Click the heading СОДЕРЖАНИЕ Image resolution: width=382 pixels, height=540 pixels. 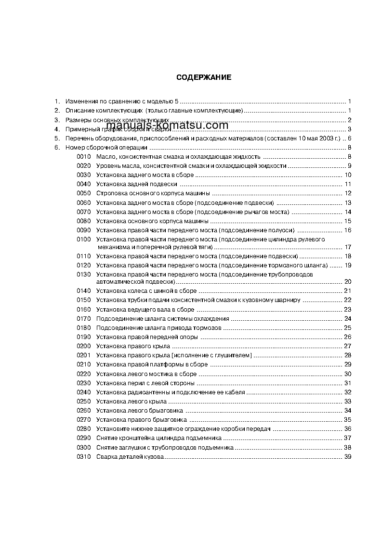click(x=204, y=77)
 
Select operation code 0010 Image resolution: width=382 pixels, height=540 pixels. click(x=83, y=156)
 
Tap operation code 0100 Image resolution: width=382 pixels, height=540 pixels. click(x=83, y=239)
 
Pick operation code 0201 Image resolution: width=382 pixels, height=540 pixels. click(x=83, y=355)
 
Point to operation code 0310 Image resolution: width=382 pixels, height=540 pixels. click(x=83, y=456)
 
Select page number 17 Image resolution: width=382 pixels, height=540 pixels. click(x=348, y=247)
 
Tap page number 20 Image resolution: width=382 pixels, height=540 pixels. click(x=348, y=282)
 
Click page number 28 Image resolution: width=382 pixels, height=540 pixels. click(x=348, y=355)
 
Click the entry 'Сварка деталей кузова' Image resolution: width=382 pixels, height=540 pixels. click(x=131, y=456)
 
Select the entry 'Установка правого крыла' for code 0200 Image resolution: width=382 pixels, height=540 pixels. click(x=133, y=346)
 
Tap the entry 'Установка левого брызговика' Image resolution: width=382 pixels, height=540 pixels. click(x=140, y=410)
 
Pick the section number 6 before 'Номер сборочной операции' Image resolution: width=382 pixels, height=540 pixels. click(x=57, y=147)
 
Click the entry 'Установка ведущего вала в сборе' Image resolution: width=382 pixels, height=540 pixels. click(x=145, y=309)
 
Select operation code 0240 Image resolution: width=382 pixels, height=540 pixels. click(x=83, y=392)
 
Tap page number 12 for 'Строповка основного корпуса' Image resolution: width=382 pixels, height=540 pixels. click(x=348, y=193)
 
